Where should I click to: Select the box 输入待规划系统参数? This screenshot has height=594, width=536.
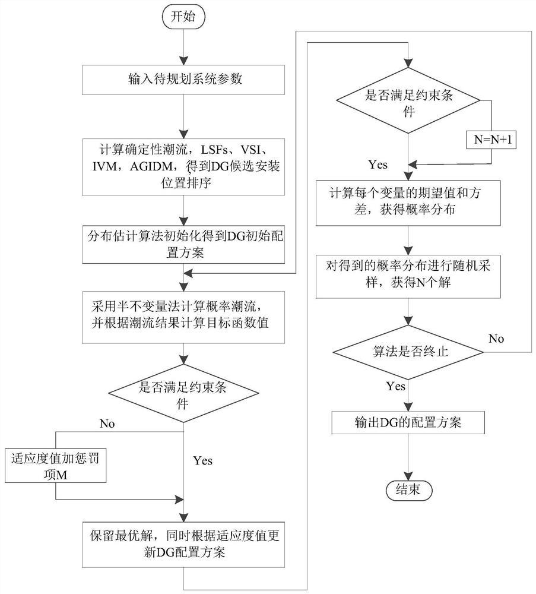click(185, 80)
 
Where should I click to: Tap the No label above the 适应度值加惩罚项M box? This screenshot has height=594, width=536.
click(107, 424)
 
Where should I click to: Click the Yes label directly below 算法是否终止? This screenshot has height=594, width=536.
click(396, 387)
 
